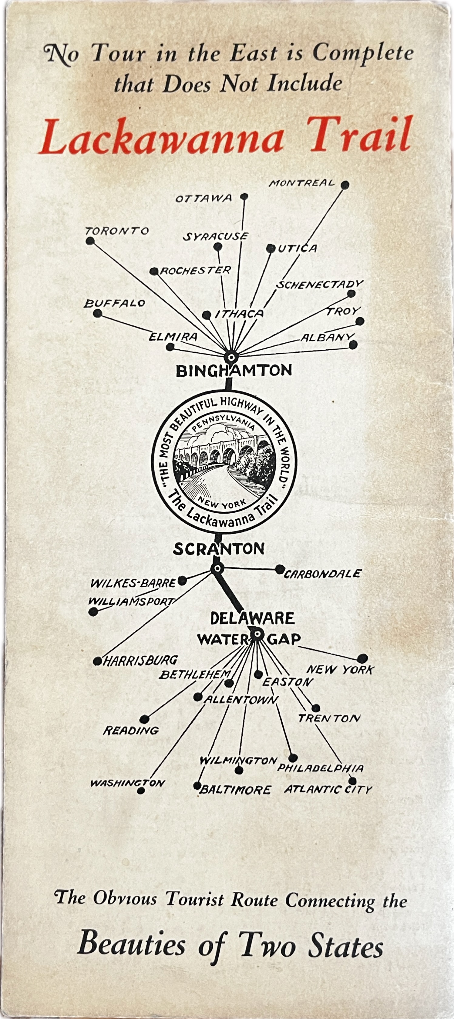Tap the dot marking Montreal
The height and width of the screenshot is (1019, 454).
pyautogui.click(x=345, y=185)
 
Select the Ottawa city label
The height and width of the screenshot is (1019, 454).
pyautogui.click(x=203, y=198)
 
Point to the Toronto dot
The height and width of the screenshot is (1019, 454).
pyautogui.click(x=90, y=241)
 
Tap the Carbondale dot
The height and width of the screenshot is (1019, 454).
pyautogui.click(x=279, y=569)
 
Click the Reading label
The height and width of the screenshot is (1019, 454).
pyautogui.click(x=131, y=730)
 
